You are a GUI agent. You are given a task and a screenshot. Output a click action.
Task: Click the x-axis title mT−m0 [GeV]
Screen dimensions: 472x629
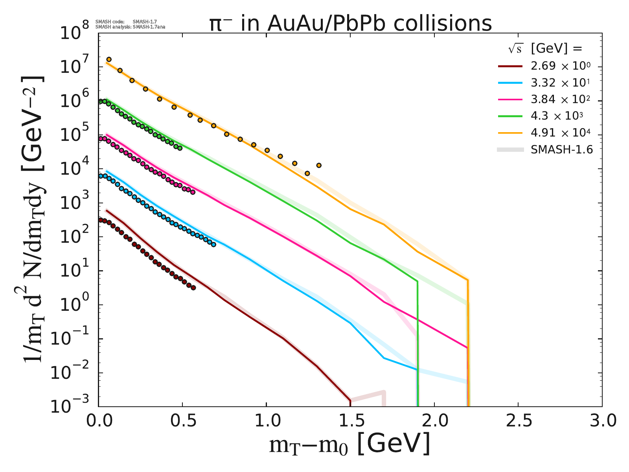[349, 445]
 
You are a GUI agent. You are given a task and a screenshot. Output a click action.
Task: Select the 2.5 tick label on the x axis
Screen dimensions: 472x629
[518, 421]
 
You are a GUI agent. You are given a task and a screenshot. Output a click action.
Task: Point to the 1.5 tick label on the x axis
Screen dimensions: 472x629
[350, 421]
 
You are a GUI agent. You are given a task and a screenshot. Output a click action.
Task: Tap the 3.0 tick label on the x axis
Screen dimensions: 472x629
[601, 421]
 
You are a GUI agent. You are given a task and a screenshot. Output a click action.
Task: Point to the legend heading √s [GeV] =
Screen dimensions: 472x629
[544, 49]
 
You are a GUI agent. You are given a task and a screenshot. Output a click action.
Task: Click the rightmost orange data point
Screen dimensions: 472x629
[319, 165]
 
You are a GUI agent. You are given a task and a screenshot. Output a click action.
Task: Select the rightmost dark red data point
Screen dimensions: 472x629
[193, 288]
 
